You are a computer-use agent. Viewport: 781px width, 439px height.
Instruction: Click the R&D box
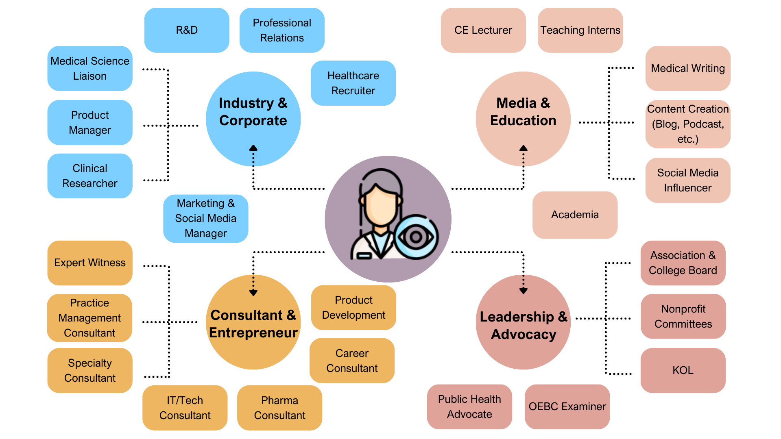(x=187, y=30)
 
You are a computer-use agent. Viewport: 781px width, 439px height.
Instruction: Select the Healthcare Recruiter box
(x=353, y=83)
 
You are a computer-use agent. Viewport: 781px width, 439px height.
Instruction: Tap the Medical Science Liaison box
(x=90, y=68)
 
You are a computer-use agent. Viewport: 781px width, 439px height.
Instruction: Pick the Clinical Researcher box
(x=90, y=176)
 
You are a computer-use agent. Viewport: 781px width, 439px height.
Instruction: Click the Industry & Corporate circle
(x=253, y=112)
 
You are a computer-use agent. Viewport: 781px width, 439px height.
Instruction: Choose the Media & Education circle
(x=523, y=112)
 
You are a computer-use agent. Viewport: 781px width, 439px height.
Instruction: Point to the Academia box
(x=575, y=215)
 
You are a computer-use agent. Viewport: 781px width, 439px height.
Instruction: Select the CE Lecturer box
(x=483, y=30)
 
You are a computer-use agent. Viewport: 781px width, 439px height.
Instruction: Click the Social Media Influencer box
(x=687, y=180)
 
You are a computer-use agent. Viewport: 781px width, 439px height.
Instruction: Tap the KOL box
(x=683, y=370)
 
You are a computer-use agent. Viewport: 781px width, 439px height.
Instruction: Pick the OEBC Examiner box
(x=567, y=406)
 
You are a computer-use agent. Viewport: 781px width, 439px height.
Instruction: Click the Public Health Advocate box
(x=469, y=406)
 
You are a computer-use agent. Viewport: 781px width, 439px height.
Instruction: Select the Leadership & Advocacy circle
(x=523, y=325)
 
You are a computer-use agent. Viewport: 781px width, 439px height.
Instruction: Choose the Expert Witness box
(x=90, y=263)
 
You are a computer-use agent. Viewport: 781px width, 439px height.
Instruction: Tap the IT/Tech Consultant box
(x=185, y=408)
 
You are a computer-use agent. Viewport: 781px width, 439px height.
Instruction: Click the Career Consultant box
(x=352, y=361)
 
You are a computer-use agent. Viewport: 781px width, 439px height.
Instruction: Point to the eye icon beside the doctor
(x=416, y=237)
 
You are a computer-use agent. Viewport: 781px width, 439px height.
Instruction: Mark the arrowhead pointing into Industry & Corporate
(x=253, y=148)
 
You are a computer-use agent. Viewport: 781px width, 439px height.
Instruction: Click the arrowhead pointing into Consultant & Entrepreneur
(x=253, y=292)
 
